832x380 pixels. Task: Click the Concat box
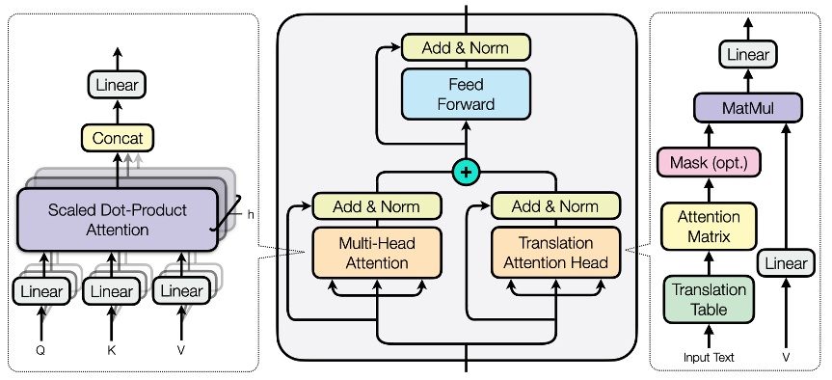point(118,139)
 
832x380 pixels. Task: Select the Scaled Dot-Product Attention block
point(118,219)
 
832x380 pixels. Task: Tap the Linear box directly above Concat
point(118,85)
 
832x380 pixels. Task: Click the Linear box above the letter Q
point(40,290)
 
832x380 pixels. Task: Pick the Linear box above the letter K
point(113,290)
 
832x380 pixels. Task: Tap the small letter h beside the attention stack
point(250,215)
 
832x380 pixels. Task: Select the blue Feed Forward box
point(468,94)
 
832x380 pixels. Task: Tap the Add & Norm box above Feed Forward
point(468,45)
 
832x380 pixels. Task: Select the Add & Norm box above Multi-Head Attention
point(377,206)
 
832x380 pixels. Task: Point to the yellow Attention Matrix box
point(709,227)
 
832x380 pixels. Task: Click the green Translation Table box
point(709,298)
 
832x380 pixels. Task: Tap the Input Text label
point(709,358)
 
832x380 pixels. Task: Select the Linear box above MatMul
point(748,56)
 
